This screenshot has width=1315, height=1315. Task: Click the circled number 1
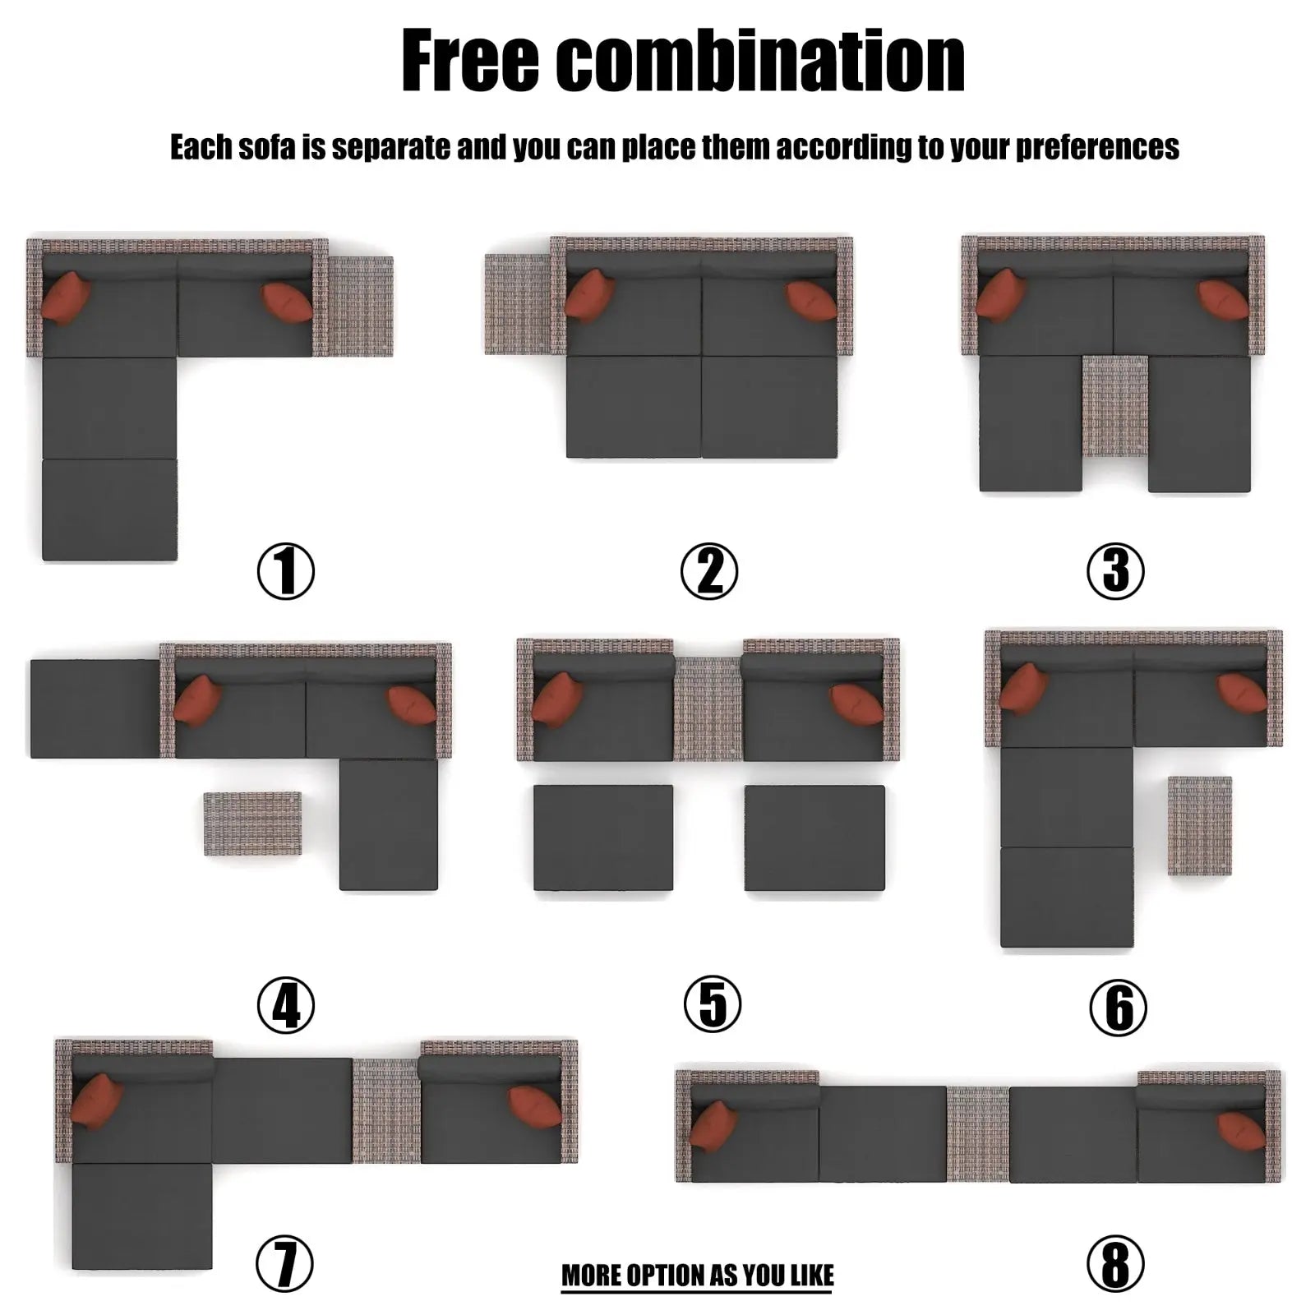pyautogui.click(x=286, y=571)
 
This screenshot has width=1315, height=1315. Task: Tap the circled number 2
pyautogui.click(x=709, y=571)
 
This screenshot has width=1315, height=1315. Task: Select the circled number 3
pyautogui.click(x=1115, y=571)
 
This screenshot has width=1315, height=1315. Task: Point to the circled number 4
pyautogui.click(x=286, y=1004)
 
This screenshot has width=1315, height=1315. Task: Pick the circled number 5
pyautogui.click(x=713, y=1004)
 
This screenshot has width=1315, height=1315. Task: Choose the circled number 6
pyautogui.click(x=1119, y=1008)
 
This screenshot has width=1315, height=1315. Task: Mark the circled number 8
pyautogui.click(x=1115, y=1264)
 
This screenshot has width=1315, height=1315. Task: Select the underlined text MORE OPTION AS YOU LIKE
pyautogui.click(x=698, y=1275)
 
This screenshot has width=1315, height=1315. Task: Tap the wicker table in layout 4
pyautogui.click(x=252, y=824)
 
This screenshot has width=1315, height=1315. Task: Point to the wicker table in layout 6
pyautogui.click(x=1200, y=825)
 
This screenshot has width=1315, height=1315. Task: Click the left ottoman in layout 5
pyautogui.click(x=603, y=837)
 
